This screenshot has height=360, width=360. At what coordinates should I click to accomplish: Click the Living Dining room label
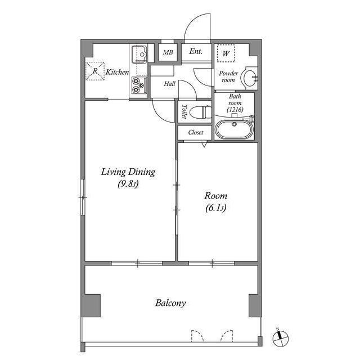pos(128,177)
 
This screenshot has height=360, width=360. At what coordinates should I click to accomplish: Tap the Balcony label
pos(170,303)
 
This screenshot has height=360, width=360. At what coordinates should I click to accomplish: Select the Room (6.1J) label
pos(215,202)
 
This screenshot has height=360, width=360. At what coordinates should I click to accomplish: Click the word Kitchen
pos(118,72)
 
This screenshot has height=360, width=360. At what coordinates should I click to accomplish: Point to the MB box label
pos(168,52)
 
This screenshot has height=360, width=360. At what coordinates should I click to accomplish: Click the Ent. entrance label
pos(196,51)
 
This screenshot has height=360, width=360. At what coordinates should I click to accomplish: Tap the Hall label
pos(169,84)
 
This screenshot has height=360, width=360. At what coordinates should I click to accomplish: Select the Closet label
pos(195,133)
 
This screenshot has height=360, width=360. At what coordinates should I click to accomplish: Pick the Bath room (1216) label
pos(235,103)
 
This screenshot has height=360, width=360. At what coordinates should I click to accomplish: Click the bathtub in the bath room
pos(235,130)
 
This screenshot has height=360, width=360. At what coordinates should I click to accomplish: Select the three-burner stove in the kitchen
pos(138,84)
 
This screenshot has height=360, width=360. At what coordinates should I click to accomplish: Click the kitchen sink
pos(139,55)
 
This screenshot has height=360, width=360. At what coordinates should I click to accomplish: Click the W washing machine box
pos(226,53)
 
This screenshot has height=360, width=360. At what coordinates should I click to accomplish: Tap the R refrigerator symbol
pos(94,71)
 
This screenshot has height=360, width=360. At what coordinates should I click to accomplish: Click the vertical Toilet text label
pos(184,112)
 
